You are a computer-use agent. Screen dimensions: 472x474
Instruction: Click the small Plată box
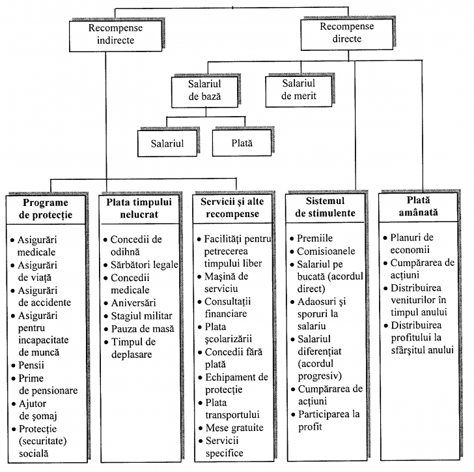coord(241,141)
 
